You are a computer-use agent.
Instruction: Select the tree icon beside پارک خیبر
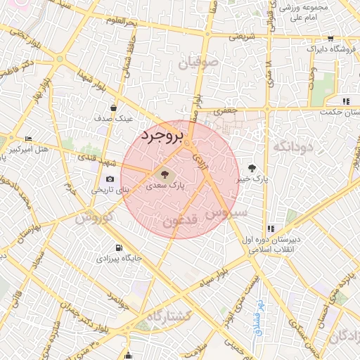(252, 167)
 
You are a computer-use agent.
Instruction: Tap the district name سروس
(226, 212)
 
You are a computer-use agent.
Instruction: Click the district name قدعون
(182, 221)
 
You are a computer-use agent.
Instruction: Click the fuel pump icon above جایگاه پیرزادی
(118, 247)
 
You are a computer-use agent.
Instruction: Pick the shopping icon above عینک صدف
(113, 108)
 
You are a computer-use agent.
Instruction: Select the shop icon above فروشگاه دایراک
(330, 38)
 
